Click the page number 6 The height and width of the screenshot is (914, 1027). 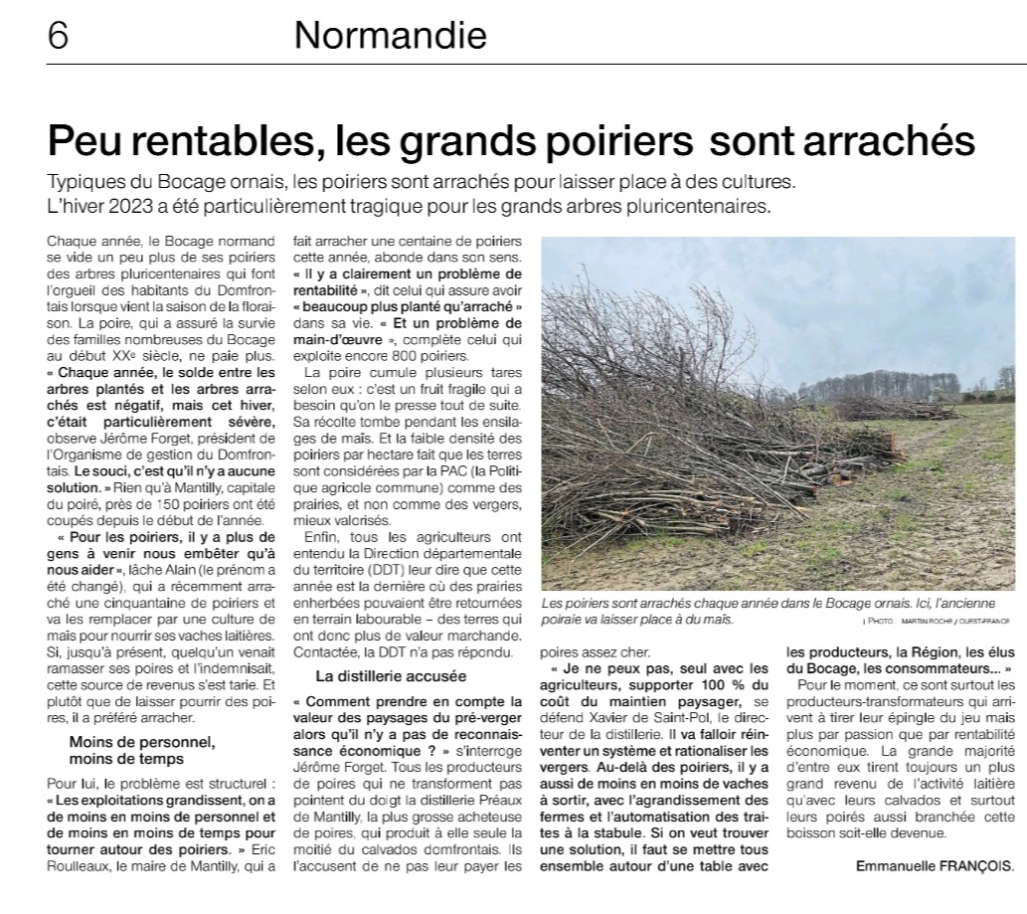point(58,37)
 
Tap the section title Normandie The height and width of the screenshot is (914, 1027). point(391,37)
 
